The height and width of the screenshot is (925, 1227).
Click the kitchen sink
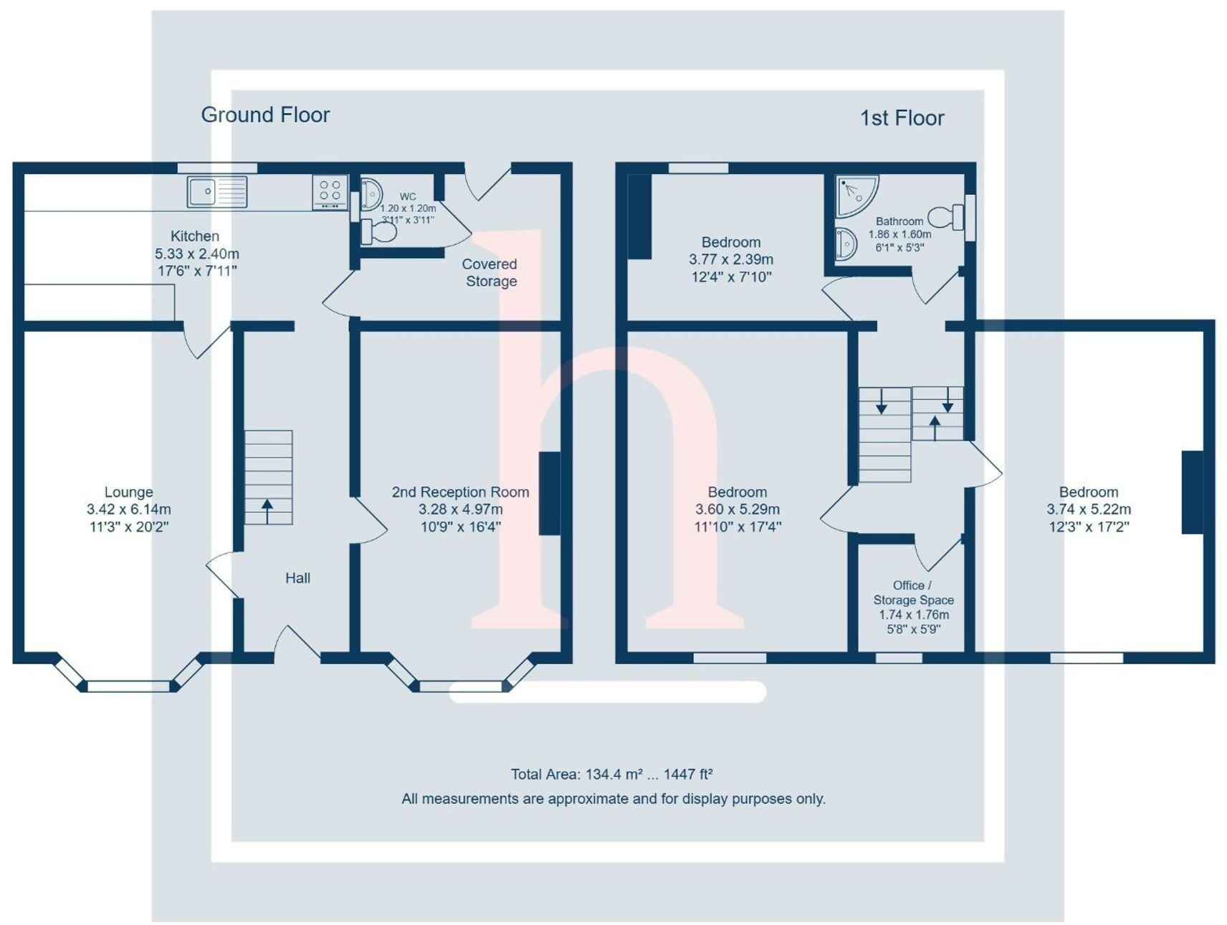(x=216, y=191)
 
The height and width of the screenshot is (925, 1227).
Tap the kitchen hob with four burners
(x=330, y=191)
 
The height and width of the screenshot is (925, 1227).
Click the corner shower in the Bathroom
(x=854, y=194)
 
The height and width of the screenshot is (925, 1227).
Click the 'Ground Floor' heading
(x=265, y=115)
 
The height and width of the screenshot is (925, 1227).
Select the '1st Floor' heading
(x=902, y=118)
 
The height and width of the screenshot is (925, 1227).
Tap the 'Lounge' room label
(x=128, y=492)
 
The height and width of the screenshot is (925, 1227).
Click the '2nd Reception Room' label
(x=460, y=492)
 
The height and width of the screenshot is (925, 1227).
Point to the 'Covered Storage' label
(x=490, y=272)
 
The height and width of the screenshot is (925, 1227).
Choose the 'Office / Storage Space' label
(x=913, y=593)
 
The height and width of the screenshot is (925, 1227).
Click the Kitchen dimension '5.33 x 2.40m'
(x=197, y=254)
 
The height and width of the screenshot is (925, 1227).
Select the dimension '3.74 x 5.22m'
(x=1089, y=509)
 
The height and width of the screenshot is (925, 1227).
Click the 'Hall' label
(x=297, y=578)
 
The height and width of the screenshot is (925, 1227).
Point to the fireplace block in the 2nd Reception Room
(x=549, y=493)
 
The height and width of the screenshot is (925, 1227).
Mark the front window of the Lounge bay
(x=128, y=686)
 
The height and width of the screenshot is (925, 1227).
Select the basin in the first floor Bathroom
(x=846, y=244)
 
